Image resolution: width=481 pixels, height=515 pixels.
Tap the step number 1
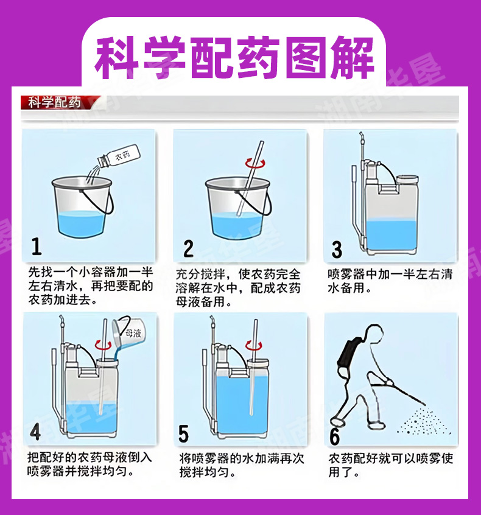pyautogui.click(x=37, y=247)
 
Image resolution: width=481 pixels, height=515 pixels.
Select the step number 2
pyautogui.click(x=188, y=248)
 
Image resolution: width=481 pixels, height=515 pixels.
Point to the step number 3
pyautogui.click(x=337, y=250)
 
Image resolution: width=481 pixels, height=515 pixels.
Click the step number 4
pyautogui.click(x=35, y=431)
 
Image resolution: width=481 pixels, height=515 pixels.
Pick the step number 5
pyautogui.click(x=184, y=433)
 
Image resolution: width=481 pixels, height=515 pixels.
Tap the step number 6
pyautogui.click(x=334, y=436)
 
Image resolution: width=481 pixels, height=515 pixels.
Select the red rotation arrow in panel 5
pyautogui.click(x=254, y=345)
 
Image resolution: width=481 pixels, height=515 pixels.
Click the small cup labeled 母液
pyautogui.click(x=127, y=332)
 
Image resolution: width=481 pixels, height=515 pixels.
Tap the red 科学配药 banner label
pyautogui.click(x=54, y=102)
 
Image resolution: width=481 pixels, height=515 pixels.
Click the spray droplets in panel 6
pyautogui.click(x=424, y=421)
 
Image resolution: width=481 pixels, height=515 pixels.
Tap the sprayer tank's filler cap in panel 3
pyautogui.click(x=407, y=180)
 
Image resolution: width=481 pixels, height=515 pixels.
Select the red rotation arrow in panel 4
pyautogui.click(x=103, y=345)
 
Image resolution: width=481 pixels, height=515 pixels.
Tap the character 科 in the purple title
pyautogui.click(x=117, y=57)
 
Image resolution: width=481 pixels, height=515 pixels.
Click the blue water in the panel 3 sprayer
pyautogui.click(x=391, y=236)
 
